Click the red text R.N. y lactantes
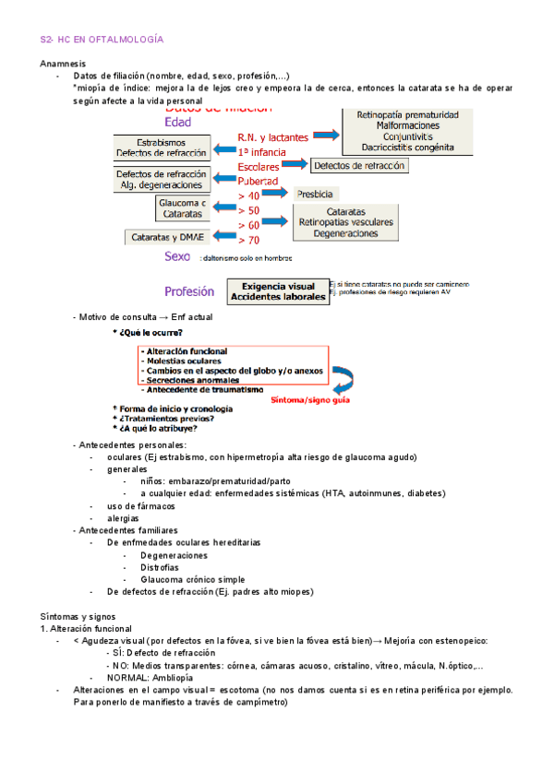point(272,137)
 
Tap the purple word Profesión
point(190,291)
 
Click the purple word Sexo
point(177,256)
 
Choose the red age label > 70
point(248,240)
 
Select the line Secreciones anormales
point(190,379)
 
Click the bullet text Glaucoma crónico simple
point(191,579)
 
